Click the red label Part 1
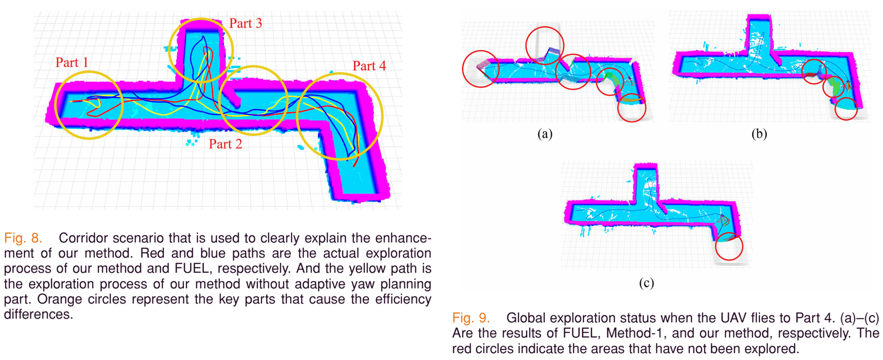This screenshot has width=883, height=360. [x=72, y=62]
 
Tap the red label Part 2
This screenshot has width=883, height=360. [x=225, y=144]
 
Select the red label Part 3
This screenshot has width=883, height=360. [x=246, y=23]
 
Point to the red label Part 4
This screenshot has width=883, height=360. [x=369, y=66]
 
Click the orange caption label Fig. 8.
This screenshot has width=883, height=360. [x=23, y=238]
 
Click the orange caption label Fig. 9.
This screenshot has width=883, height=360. [x=471, y=318]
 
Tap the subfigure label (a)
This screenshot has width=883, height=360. [x=545, y=134]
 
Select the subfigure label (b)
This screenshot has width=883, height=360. [x=759, y=134]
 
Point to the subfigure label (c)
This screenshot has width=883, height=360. [x=646, y=283]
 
